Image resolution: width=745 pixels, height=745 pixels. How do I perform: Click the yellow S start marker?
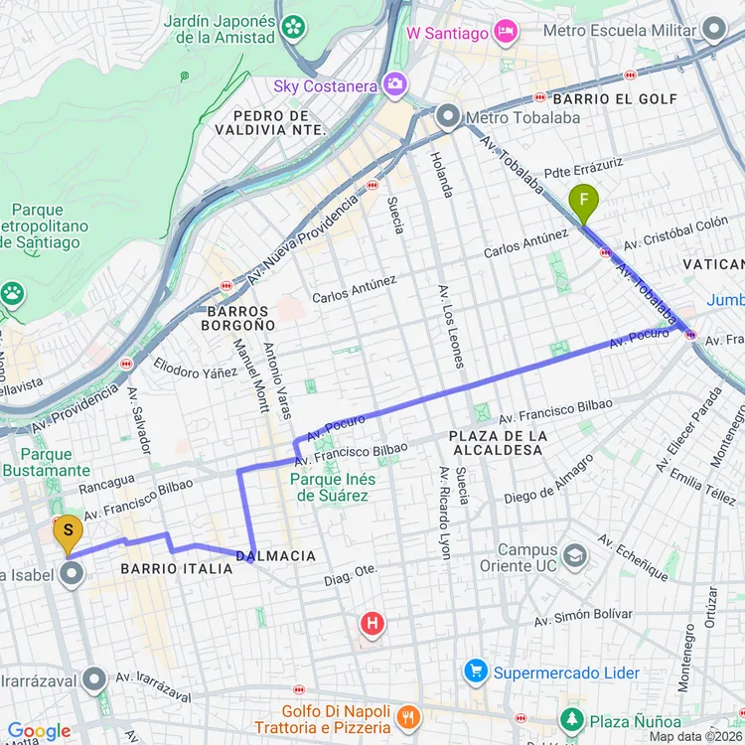click(68, 534)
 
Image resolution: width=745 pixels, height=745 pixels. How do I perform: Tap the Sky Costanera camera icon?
click(395, 84)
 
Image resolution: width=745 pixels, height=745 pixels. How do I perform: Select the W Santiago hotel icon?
click(506, 33)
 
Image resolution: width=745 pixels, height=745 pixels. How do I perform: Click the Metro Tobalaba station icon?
click(448, 117)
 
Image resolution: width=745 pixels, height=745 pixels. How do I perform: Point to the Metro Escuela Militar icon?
click(714, 30)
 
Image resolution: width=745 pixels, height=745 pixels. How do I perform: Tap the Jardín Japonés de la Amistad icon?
click(293, 27)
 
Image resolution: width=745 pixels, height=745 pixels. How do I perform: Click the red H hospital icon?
click(372, 624)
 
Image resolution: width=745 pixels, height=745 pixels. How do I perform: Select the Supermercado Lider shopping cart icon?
click(476, 672)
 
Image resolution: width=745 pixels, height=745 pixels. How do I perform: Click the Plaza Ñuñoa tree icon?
click(571, 719)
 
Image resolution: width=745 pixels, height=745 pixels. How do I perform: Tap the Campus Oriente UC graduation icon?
click(574, 555)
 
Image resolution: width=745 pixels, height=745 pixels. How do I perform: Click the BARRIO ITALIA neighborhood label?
click(176, 568)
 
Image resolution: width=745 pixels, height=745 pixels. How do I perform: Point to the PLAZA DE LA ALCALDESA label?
click(498, 443)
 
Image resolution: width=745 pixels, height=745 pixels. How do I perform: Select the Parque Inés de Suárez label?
click(329, 487)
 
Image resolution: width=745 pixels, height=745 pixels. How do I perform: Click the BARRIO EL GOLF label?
click(615, 99)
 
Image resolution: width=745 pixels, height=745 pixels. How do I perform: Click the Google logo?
click(40, 731)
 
